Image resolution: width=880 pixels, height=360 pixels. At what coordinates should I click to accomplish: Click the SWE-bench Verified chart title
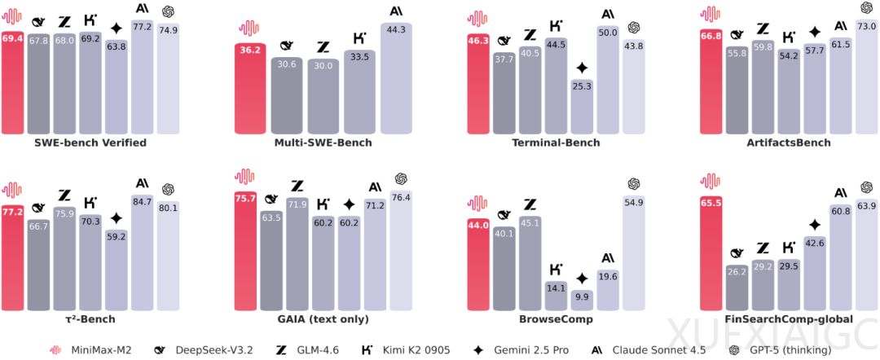click(90, 143)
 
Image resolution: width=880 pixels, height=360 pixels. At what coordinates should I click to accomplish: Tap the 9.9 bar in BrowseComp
click(582, 301)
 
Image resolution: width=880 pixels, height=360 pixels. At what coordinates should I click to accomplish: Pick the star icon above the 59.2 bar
click(117, 217)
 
